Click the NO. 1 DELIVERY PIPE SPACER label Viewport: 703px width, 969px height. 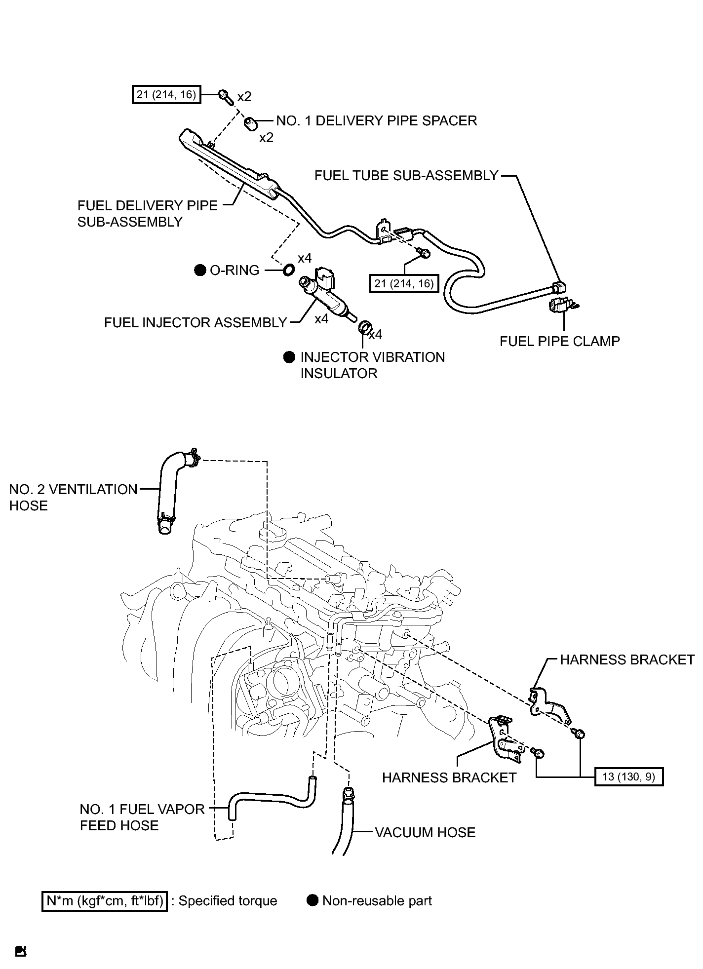(x=377, y=121)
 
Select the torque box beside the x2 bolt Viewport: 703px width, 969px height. (x=167, y=94)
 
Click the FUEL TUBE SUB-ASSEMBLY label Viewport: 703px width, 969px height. (x=406, y=176)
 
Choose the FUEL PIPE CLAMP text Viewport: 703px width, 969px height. (x=560, y=341)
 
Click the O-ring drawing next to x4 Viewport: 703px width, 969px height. (x=288, y=270)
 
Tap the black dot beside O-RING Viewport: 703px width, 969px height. (x=200, y=270)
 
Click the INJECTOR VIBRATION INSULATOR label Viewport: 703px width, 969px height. (x=373, y=365)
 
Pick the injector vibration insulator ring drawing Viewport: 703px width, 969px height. (x=364, y=327)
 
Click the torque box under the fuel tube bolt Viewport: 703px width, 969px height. (x=404, y=283)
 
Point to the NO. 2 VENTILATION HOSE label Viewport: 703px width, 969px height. (x=74, y=498)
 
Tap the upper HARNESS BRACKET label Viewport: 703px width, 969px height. (x=627, y=659)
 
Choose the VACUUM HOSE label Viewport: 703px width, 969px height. (x=425, y=832)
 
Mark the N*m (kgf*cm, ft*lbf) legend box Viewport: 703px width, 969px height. (x=105, y=901)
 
